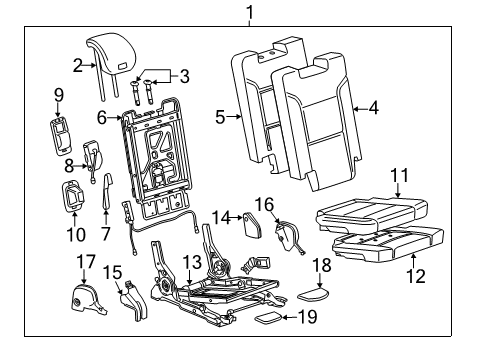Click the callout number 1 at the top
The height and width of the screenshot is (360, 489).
click(x=250, y=13)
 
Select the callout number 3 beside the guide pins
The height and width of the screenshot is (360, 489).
click(x=184, y=76)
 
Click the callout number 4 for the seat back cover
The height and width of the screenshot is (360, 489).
click(x=374, y=108)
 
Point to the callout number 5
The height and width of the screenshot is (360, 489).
click(x=220, y=117)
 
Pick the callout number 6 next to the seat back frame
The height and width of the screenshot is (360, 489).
click(x=102, y=117)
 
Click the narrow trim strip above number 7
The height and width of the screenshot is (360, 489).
click(x=107, y=192)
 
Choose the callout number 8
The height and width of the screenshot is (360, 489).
click(x=69, y=165)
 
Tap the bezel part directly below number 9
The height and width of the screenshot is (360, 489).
click(x=60, y=136)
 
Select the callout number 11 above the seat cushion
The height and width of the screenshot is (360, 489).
click(x=399, y=175)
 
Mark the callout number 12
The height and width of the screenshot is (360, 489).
click(x=416, y=276)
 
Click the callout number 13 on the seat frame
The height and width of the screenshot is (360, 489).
click(x=192, y=262)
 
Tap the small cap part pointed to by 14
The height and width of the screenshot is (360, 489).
click(x=252, y=224)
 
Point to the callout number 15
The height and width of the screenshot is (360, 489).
click(x=112, y=272)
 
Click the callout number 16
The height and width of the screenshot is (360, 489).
click(x=264, y=204)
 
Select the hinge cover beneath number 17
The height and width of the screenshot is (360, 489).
click(x=88, y=299)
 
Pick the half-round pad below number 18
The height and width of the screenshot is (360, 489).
click(x=313, y=294)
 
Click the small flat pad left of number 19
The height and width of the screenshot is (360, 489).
click(x=269, y=317)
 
